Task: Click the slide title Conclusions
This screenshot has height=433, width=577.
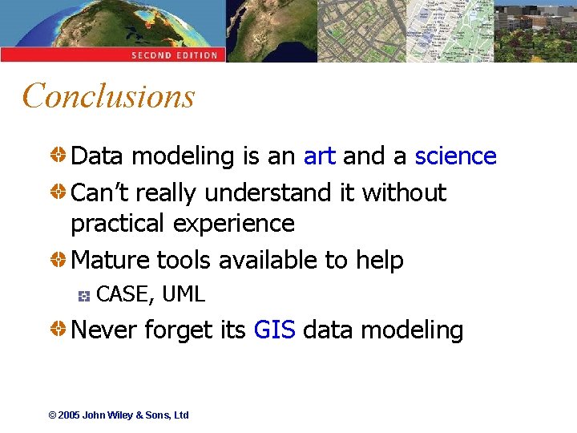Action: click(x=109, y=96)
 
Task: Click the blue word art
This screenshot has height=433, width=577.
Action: click(x=319, y=156)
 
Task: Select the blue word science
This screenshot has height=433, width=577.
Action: click(x=455, y=156)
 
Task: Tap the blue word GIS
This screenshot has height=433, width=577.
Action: click(x=274, y=330)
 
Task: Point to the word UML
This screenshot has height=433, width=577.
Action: click(x=184, y=295)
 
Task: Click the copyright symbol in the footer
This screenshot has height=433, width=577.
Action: click(x=52, y=415)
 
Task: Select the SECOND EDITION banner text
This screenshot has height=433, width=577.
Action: click(x=175, y=55)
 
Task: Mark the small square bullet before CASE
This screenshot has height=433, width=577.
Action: click(x=83, y=296)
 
